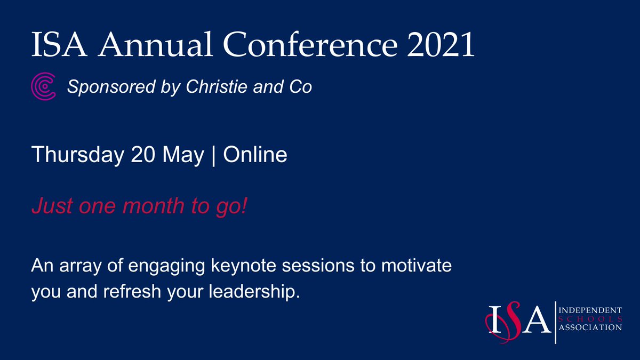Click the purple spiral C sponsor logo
[x=43, y=87]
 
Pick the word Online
[x=255, y=155]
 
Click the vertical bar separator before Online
[x=214, y=155]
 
